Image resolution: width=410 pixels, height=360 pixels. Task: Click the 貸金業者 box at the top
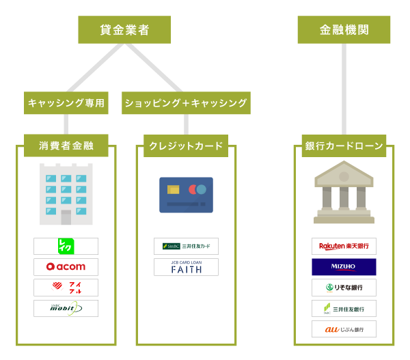(124, 30)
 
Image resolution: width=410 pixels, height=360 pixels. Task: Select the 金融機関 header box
(344, 30)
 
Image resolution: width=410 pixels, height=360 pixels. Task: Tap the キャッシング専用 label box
(66, 103)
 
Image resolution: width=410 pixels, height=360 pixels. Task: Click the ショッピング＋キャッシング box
(186, 103)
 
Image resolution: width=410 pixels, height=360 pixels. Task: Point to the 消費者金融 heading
(66, 146)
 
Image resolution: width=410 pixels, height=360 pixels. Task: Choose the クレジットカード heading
(186, 146)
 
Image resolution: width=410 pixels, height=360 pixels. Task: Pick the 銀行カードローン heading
(344, 146)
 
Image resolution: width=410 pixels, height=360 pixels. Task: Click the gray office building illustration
(66, 194)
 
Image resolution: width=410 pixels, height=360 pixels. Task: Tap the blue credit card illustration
(186, 195)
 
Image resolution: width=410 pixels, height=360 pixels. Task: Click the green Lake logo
(66, 246)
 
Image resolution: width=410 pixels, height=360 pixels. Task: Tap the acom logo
(66, 266)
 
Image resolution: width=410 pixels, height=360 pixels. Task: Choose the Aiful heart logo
(66, 288)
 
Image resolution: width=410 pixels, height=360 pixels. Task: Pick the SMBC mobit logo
(66, 308)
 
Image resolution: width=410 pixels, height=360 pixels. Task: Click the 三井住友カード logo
(186, 246)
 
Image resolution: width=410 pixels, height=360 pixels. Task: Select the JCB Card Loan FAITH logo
(186, 267)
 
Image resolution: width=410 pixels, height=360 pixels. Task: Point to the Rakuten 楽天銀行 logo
(344, 246)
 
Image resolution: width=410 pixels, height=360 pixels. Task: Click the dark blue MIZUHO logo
(344, 266)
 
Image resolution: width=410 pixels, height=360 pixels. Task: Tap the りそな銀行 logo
(344, 288)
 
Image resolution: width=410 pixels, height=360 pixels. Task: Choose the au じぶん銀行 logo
(344, 329)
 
